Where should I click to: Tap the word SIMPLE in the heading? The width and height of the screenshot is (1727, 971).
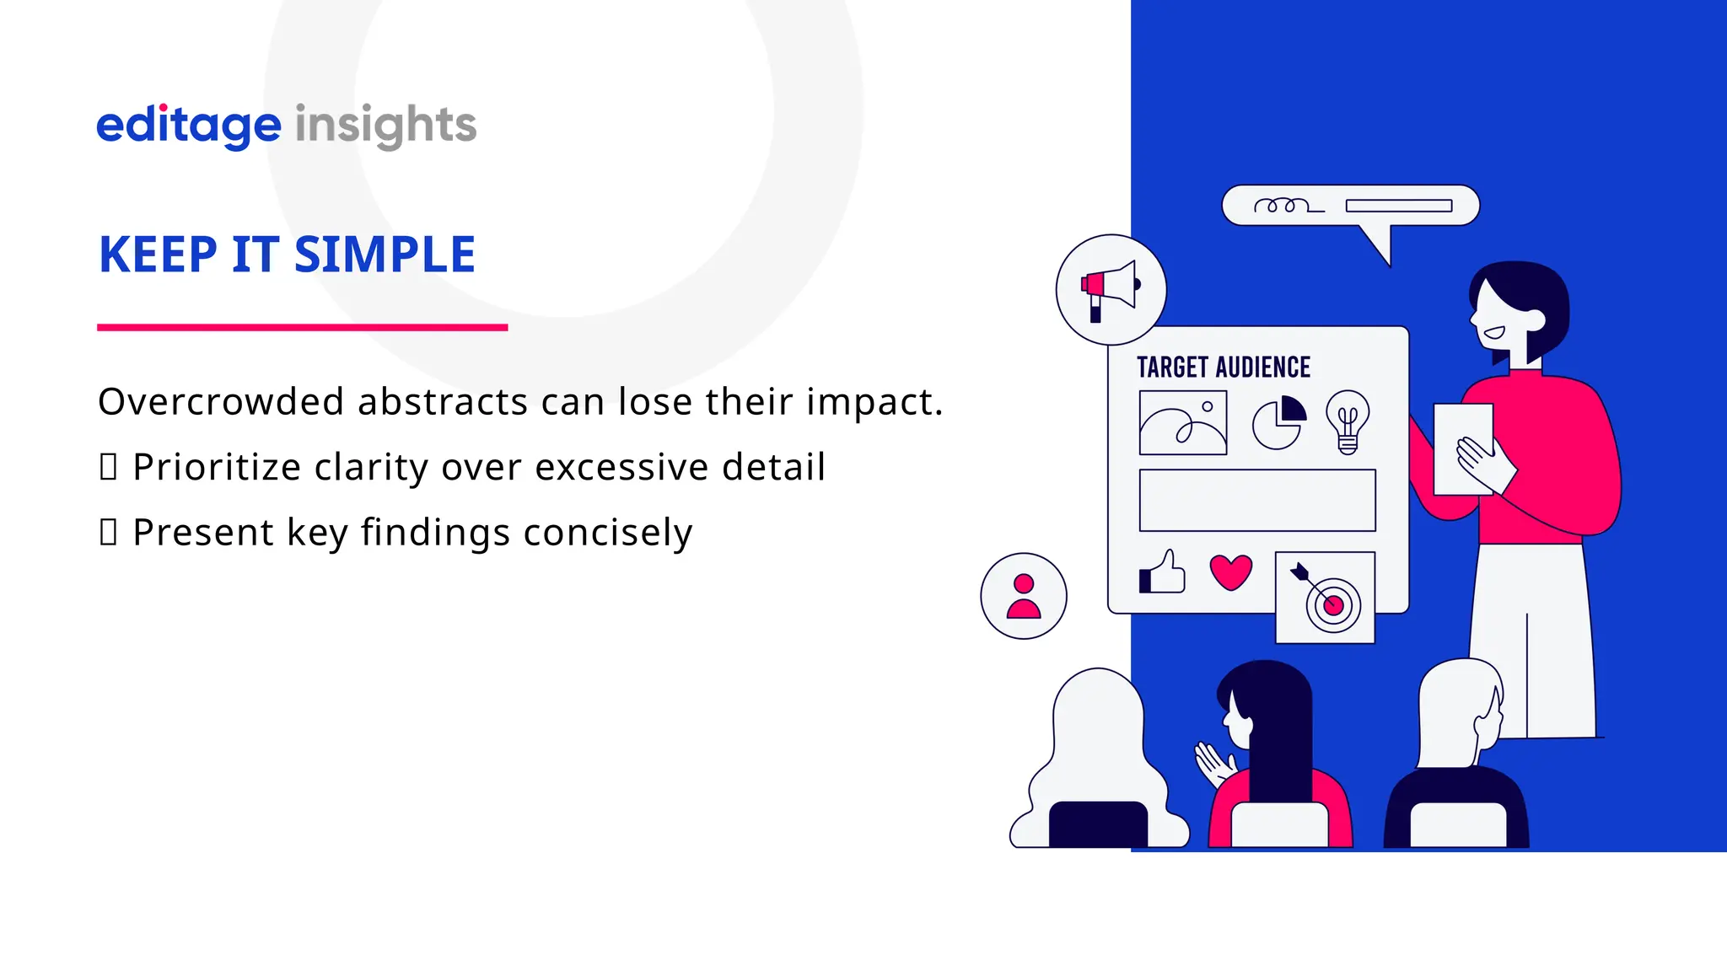(x=385, y=255)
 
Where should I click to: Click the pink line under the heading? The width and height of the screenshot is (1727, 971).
(x=302, y=327)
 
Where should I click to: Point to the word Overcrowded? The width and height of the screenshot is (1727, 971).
(x=221, y=402)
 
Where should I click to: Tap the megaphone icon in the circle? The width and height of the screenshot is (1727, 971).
(x=1110, y=289)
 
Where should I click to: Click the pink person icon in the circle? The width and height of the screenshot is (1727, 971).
(x=1024, y=596)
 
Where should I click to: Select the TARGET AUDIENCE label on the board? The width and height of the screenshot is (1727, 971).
(x=1224, y=367)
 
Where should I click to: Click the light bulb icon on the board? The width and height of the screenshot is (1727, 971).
(x=1348, y=421)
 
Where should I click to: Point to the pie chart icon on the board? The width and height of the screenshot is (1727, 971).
(x=1278, y=423)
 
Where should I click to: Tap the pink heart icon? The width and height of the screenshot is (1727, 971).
(x=1231, y=572)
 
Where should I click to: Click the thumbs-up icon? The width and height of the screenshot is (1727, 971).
(x=1163, y=573)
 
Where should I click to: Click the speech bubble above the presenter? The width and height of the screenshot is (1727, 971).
(x=1350, y=207)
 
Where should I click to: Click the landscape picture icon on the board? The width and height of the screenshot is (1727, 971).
(x=1182, y=423)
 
